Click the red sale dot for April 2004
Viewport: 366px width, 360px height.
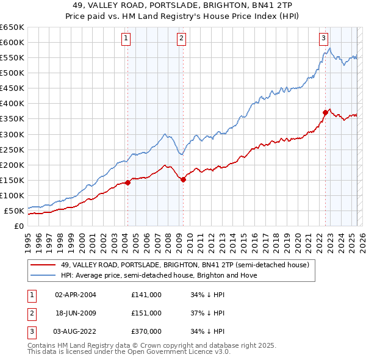[127, 182]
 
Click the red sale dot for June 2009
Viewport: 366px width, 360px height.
[184, 179]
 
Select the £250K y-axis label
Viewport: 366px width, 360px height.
[13, 149]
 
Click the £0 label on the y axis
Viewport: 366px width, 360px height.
[18, 226]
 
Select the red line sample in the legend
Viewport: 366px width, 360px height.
[43, 265]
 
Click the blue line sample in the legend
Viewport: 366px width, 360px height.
[43, 275]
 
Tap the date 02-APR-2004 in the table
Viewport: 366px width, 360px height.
[76, 295]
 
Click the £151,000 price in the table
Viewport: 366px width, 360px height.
[146, 313]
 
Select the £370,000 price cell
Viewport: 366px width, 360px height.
[146, 331]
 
